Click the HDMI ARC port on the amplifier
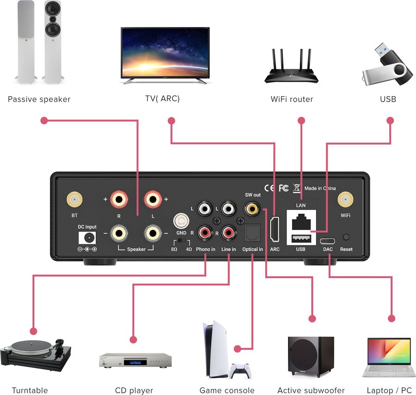[275, 230]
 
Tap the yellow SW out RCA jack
[251, 209]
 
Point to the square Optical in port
[253, 232]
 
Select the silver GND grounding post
[181, 221]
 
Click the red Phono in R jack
[205, 232]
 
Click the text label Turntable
[30, 390]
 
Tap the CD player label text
[134, 390]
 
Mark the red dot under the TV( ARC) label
[171, 121]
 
